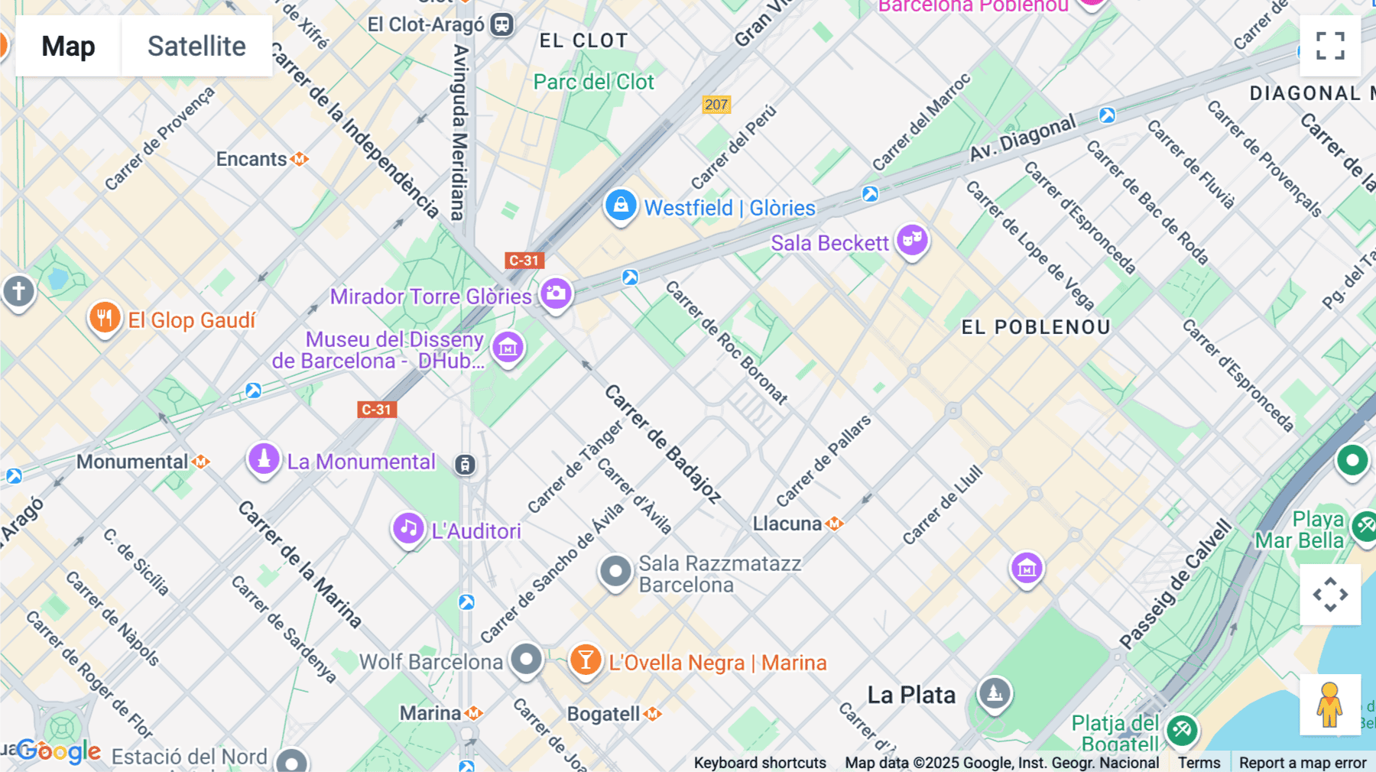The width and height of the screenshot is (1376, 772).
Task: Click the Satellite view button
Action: click(x=196, y=46)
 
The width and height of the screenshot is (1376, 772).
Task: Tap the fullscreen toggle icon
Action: click(x=1330, y=46)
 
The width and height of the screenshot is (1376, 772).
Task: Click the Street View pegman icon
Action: click(x=1330, y=704)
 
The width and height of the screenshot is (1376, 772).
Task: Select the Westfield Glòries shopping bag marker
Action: click(x=621, y=206)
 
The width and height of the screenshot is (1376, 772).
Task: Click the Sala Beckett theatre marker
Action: click(x=912, y=240)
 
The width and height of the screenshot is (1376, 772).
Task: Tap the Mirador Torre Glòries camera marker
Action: click(x=556, y=294)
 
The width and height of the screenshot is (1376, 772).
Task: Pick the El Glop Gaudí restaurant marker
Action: click(x=105, y=317)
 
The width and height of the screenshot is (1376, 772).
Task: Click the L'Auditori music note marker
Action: click(x=408, y=528)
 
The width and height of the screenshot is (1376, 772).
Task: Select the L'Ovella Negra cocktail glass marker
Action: click(x=586, y=660)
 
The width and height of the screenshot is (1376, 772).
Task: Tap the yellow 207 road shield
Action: click(x=716, y=105)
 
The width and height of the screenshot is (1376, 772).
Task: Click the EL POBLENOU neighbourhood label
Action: click(x=1035, y=327)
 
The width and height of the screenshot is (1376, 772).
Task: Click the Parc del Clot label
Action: click(x=593, y=82)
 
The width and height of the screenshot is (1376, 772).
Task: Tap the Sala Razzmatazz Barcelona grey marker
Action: click(x=615, y=571)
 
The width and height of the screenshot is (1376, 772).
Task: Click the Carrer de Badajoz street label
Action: click(x=662, y=443)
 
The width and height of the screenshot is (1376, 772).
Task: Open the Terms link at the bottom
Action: click(x=1199, y=762)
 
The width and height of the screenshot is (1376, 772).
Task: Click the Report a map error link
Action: click(x=1302, y=762)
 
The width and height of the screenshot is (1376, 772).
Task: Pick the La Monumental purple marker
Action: click(x=264, y=459)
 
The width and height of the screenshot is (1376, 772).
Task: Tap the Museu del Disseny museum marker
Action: click(x=508, y=348)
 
